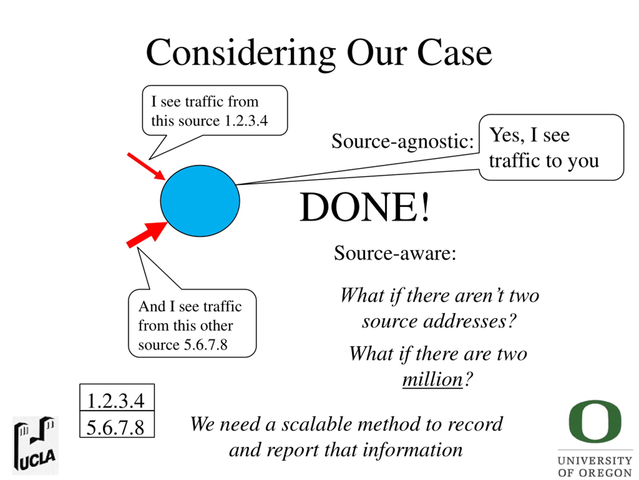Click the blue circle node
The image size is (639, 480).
point(200,201)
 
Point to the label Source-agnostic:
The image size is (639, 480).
point(402,141)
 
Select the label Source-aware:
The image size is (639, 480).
point(395,253)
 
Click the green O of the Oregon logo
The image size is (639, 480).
point(595,421)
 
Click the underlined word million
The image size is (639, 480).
point(433,379)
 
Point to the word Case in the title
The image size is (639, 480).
point(454,53)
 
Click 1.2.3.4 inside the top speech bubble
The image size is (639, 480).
point(246,121)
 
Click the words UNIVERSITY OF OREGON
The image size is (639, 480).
point(595,466)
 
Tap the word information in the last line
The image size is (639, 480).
point(413,450)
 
